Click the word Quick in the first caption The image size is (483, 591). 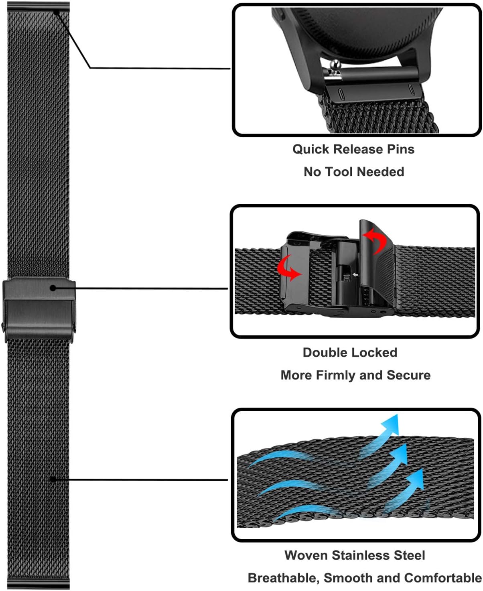(x=311, y=150)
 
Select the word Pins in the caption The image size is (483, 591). (x=400, y=149)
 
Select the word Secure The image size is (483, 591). (x=408, y=375)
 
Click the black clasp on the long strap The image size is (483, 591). (x=39, y=309)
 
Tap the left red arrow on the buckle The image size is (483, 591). (x=288, y=268)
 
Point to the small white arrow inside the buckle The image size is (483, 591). (x=355, y=275)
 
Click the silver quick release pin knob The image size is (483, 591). (x=334, y=65)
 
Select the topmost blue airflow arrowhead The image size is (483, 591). (x=392, y=424)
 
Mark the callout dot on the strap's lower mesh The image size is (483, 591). (x=53, y=479)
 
